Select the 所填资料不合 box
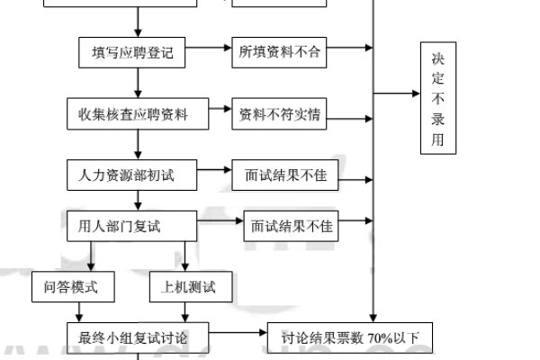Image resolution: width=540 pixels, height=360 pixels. pos(279,52)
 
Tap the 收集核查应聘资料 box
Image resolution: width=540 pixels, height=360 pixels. pos(138,114)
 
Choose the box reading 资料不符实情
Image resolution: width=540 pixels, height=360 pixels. pos(281,114)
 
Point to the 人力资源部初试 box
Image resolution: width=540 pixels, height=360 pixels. pos(132,175)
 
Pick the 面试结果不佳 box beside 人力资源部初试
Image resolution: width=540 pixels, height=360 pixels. pos(284,175)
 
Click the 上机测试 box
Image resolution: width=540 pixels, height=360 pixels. pos(188,287)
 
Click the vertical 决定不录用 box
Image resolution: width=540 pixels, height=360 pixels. pos(437,97)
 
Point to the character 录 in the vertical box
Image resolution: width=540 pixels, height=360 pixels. pos(437,121)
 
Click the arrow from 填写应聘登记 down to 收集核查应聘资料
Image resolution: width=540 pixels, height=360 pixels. pos(138,83)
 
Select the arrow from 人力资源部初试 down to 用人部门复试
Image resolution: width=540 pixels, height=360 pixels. pos(138,200)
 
